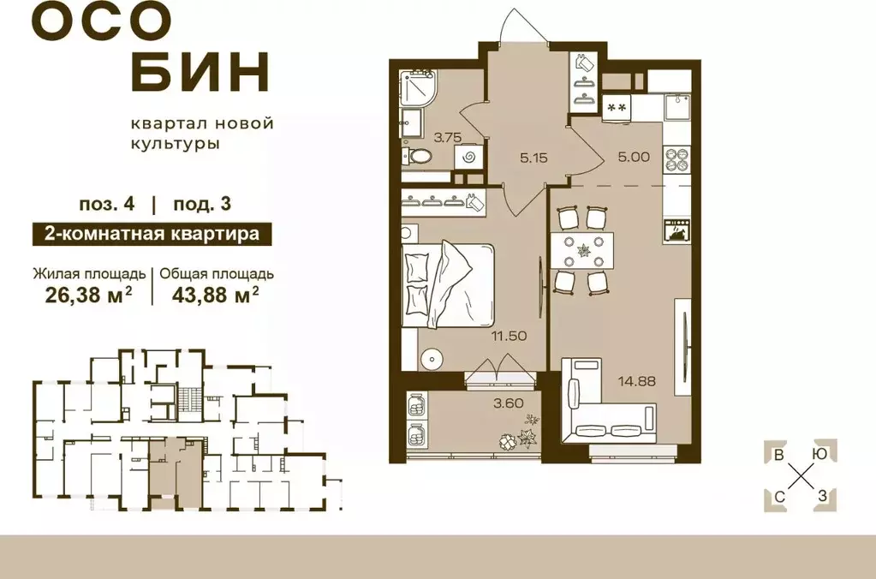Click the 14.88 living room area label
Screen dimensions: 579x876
tap(641, 381)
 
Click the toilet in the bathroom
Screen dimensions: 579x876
tap(419, 158)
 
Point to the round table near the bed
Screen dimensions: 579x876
tap(433, 358)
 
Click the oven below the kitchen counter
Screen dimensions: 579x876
tap(676, 230)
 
